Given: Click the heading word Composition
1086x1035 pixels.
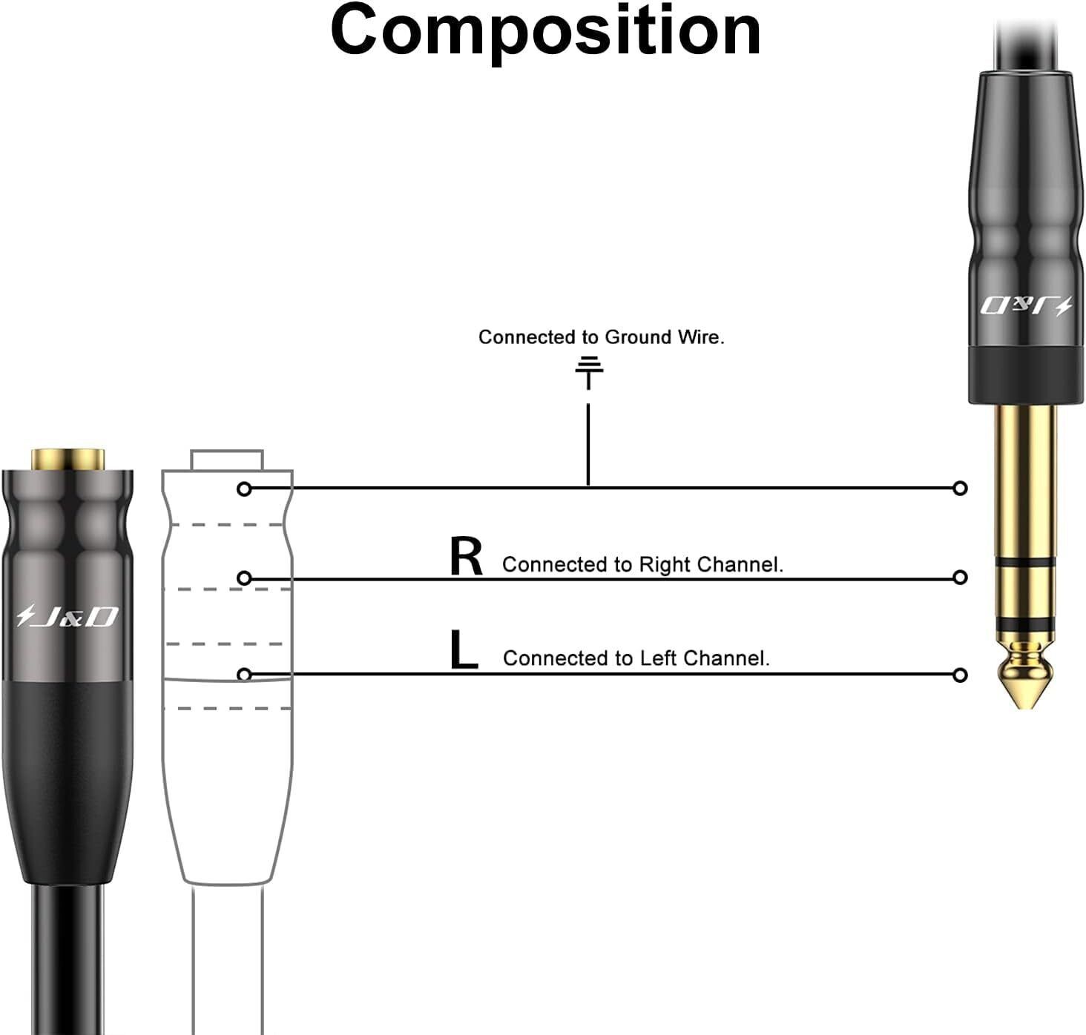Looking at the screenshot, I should click(x=545, y=31).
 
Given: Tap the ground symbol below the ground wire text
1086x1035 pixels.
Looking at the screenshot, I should click(x=589, y=371).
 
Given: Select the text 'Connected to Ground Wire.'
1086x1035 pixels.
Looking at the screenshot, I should click(x=601, y=337).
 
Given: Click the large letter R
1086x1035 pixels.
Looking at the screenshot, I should click(x=466, y=557).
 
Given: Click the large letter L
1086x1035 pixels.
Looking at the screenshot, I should click(x=463, y=650).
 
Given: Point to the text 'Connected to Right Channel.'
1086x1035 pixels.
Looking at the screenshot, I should click(x=642, y=565).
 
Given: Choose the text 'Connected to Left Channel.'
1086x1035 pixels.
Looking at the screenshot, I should click(x=636, y=658).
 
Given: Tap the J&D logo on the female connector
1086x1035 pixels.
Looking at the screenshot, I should click(x=68, y=616).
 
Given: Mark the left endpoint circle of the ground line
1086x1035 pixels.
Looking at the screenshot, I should click(x=244, y=489).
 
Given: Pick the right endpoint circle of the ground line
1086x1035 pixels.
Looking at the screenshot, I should click(x=960, y=488).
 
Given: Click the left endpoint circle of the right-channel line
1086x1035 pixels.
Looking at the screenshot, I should click(x=244, y=578).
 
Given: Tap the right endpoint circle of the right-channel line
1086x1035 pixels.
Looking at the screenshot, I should click(x=960, y=577).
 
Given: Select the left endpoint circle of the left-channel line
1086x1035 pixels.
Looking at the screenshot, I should click(x=244, y=674).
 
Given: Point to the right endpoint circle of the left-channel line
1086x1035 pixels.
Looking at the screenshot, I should click(x=960, y=675).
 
